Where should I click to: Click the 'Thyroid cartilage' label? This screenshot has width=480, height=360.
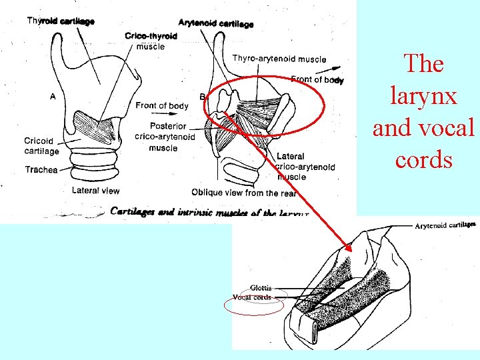tap(61, 21)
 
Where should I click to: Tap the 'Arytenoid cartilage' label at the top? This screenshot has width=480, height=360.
tap(216, 24)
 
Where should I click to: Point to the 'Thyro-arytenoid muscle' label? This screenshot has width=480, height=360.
tap(279, 59)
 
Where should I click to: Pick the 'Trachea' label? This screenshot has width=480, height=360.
tap(41, 170)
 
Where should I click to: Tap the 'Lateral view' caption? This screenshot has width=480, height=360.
tap(95, 190)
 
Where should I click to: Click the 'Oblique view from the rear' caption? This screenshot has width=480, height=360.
tap(244, 193)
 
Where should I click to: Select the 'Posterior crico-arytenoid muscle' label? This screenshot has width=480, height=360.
tap(164, 137)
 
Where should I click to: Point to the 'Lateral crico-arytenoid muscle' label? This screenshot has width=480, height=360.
tap(305, 167)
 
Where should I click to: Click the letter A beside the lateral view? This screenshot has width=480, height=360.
tap(53, 96)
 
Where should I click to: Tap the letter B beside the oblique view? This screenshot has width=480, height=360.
tap(203, 97)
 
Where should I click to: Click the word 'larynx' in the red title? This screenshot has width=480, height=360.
tap(423, 96)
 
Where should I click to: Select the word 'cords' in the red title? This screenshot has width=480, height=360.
tap(423, 160)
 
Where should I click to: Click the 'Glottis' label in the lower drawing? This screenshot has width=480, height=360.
tap(261, 288)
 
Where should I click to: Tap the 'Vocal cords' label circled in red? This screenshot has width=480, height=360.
tap(251, 297)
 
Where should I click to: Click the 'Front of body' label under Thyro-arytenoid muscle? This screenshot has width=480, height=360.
tap(317, 80)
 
